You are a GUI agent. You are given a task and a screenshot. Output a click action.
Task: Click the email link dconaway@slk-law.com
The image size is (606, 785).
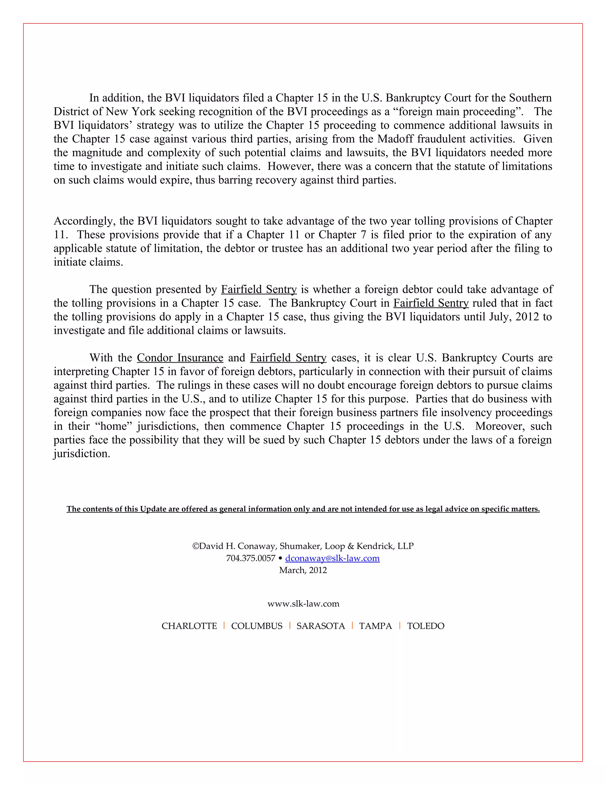pos(332,558)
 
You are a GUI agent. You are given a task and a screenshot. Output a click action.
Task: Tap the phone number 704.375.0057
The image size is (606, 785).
pos(250,558)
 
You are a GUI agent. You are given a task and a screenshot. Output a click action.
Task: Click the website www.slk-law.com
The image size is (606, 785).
pos(303,603)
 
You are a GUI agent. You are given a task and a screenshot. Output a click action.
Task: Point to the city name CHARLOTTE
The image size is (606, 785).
pos(189,626)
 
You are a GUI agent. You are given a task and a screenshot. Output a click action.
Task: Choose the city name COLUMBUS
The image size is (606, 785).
pos(257,626)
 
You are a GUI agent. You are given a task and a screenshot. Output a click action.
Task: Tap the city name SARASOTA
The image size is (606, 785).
pos(320,626)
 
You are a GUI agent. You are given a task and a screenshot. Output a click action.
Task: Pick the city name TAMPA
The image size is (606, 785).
pos(375,626)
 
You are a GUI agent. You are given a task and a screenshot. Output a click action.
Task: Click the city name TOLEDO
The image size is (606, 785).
pos(426,626)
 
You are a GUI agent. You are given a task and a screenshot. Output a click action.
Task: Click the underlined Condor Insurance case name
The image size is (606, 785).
pos(180,358)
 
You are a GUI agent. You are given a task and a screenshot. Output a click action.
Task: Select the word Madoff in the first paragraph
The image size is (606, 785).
pos(394,139)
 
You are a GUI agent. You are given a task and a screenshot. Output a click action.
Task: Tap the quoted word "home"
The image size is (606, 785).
pos(115,426)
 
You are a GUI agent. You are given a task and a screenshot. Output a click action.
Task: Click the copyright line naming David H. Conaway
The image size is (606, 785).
pos(303,546)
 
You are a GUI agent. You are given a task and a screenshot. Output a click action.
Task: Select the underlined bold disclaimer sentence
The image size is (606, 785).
pos(303,509)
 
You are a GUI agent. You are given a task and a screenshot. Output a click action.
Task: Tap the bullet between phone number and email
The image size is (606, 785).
pos(280,558)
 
